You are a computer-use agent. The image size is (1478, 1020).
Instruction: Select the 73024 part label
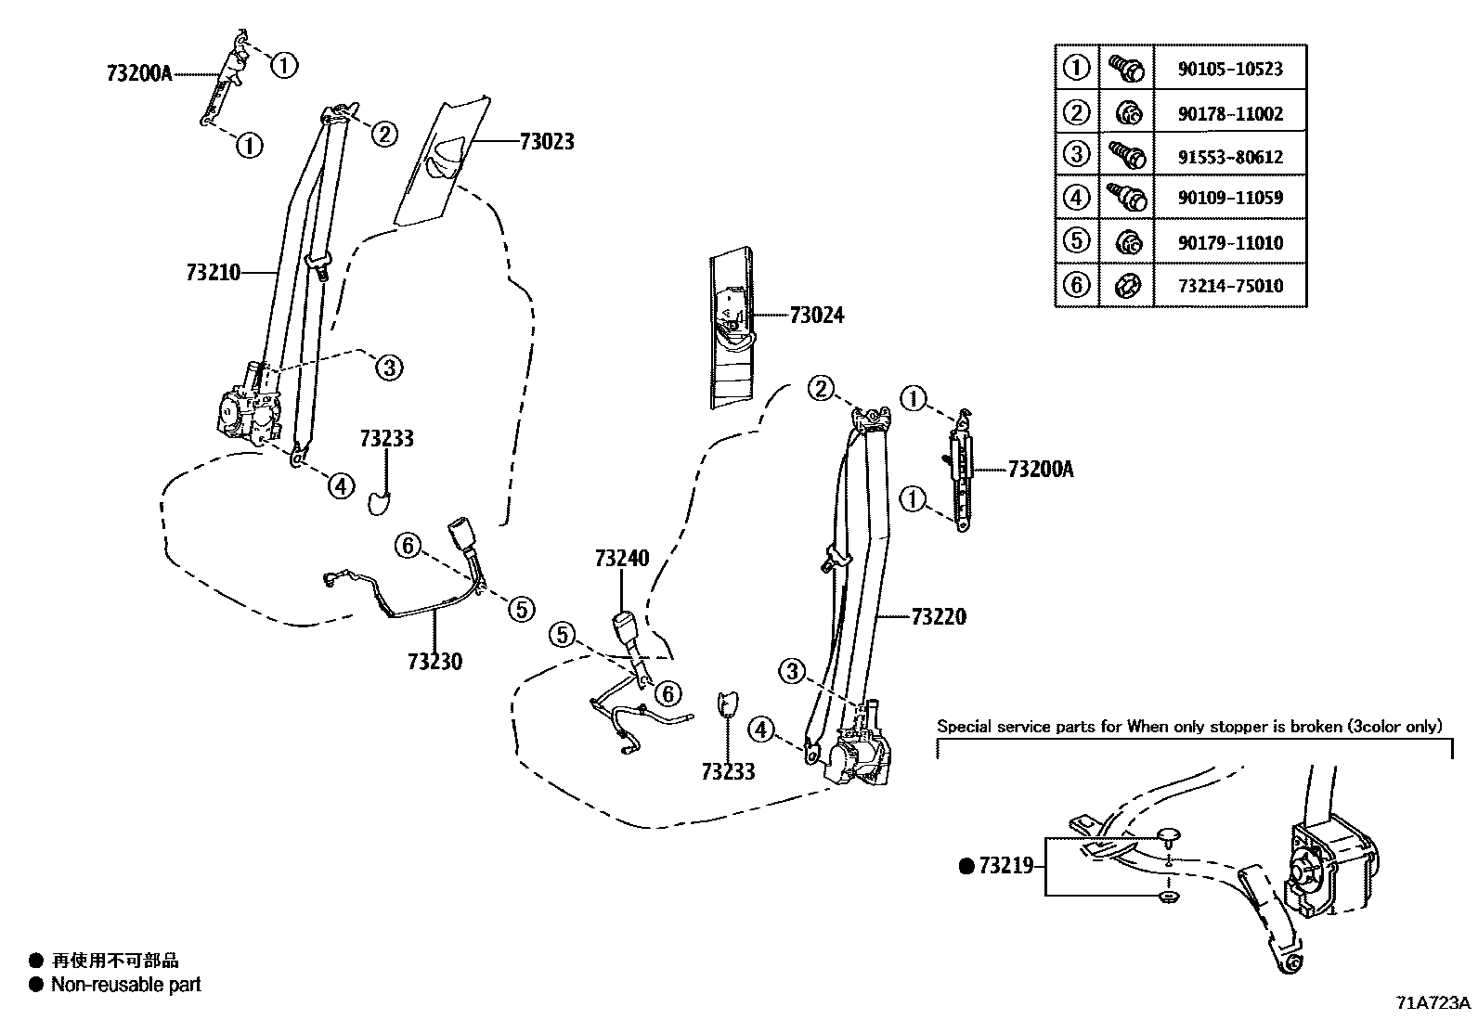point(817,316)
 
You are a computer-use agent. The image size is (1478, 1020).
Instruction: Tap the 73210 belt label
point(213,273)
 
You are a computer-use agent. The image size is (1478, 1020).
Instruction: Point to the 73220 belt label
point(939,617)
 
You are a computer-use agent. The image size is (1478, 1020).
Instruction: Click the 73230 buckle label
point(434,662)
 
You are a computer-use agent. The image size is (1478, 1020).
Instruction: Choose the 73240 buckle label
point(622,559)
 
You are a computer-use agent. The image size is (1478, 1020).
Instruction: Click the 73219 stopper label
point(1006,867)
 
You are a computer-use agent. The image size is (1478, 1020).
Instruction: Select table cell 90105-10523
point(1230,69)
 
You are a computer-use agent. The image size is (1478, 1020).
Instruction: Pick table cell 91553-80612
point(1230,157)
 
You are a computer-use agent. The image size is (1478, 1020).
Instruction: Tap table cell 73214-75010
point(1230,286)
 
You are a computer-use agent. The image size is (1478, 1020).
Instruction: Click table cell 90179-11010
point(1230,243)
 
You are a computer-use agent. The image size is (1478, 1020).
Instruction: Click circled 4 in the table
point(1076,198)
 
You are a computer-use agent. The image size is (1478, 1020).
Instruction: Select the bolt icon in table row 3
point(1126,154)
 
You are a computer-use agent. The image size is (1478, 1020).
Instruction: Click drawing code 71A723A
point(1433,1003)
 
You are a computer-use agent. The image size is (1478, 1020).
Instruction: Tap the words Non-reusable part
point(126,985)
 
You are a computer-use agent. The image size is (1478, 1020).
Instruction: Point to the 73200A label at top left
point(139,73)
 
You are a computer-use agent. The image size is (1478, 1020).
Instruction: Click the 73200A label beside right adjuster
point(1040,470)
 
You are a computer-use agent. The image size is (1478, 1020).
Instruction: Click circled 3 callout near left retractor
point(389,368)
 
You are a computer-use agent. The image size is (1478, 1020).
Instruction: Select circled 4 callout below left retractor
point(341,484)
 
